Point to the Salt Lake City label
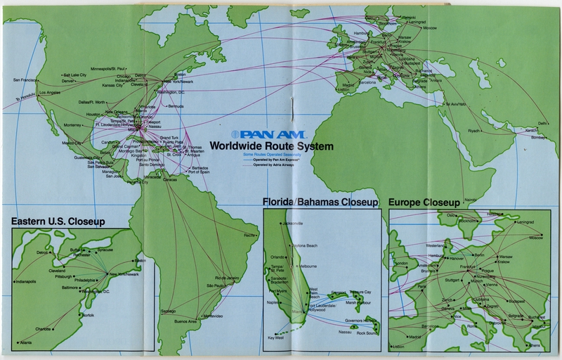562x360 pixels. (x=74, y=75)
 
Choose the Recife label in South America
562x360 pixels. (x=250, y=235)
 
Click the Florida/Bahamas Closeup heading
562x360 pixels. (x=320, y=202)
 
